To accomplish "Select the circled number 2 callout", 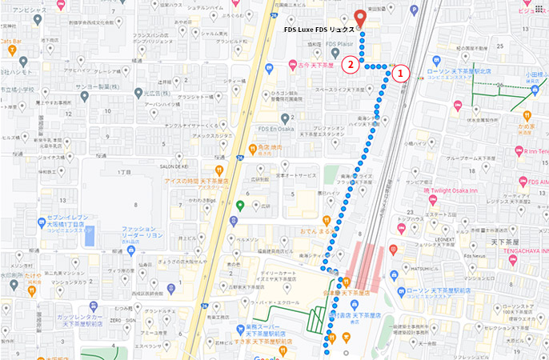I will (349, 63).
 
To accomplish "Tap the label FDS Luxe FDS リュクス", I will (319, 29).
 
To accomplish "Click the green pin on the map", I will (240, 206).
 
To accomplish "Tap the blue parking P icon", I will (90, 236).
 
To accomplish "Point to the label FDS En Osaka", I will (274, 128).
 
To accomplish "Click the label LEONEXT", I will (449, 238).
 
